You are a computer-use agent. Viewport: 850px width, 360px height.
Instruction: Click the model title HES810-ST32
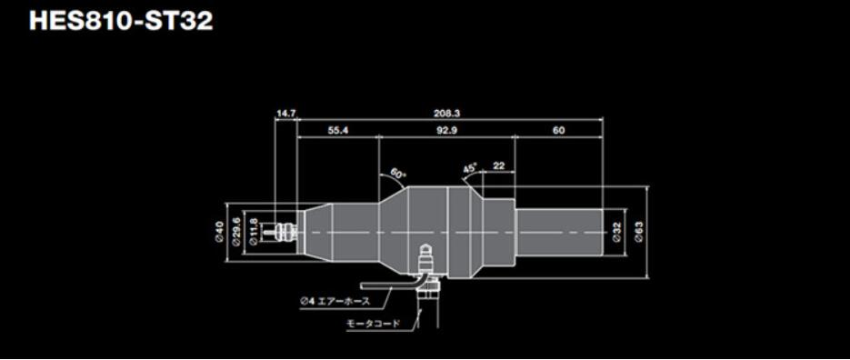coord(121,21)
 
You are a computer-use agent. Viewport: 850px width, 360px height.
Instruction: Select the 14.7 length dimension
coord(285,114)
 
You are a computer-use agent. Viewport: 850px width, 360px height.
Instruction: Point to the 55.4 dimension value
coord(338,131)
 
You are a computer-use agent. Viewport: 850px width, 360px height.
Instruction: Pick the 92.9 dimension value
coord(446,131)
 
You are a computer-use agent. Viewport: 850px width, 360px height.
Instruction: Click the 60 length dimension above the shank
coord(558,131)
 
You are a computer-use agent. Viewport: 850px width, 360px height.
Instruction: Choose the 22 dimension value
coord(498,165)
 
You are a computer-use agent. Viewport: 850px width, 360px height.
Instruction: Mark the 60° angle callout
coord(398,172)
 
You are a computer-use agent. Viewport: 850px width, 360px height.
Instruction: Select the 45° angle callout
coord(470,168)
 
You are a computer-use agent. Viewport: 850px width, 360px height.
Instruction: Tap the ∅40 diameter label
coord(219,232)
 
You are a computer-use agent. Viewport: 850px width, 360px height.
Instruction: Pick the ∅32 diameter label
coord(617,233)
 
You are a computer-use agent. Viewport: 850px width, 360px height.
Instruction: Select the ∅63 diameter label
coord(639,233)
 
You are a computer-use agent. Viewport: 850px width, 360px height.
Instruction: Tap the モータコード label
coord(373,323)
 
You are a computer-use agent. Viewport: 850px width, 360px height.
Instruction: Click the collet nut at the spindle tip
coord(287,232)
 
